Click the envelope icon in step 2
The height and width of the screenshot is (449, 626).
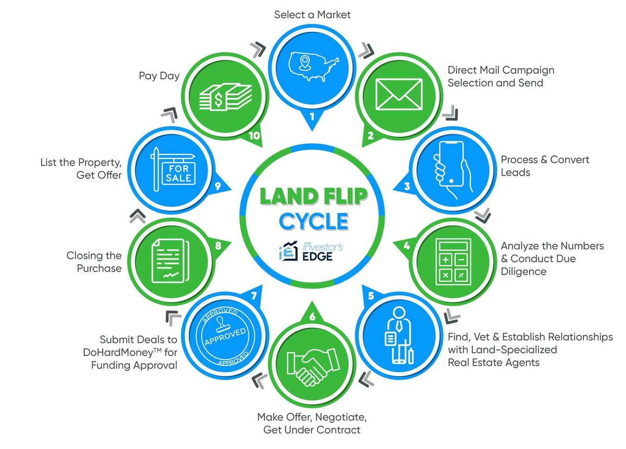click(x=398, y=95)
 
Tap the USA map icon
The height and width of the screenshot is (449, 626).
click(x=313, y=66)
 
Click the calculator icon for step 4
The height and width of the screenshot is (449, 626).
click(x=453, y=262)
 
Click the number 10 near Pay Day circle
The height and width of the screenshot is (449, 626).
click(x=254, y=136)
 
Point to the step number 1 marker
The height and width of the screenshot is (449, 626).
click(x=312, y=116)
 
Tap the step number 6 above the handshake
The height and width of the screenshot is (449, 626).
click(x=312, y=316)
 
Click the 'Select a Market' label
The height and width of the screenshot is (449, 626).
click(x=312, y=15)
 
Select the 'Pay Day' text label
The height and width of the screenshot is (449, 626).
click(x=159, y=76)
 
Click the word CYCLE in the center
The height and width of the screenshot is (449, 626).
click(x=313, y=221)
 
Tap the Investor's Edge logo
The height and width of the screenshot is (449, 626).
click(x=311, y=251)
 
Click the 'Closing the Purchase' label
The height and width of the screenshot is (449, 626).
click(x=94, y=262)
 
